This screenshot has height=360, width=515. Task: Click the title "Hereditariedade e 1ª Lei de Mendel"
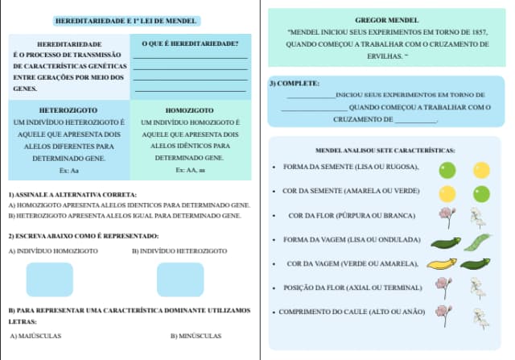pos(126,19)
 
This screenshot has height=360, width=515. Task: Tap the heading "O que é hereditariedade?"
pos(190,43)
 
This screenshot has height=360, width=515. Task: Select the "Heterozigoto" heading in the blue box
pos(68,110)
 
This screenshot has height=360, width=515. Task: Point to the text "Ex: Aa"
pos(68,171)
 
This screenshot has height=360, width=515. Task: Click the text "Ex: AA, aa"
pos(189,171)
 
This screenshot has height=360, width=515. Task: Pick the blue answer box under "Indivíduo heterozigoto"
pos(179,279)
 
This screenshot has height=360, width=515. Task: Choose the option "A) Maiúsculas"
pos(35,336)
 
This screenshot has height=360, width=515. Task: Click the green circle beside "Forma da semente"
pos(447,170)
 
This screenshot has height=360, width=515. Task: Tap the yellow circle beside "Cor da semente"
pos(447,194)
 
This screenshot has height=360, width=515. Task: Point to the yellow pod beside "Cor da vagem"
pos(441,263)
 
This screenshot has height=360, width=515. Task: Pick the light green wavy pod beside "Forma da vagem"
pos(477,241)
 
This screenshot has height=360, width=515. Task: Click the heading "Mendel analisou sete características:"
pos(385,151)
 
